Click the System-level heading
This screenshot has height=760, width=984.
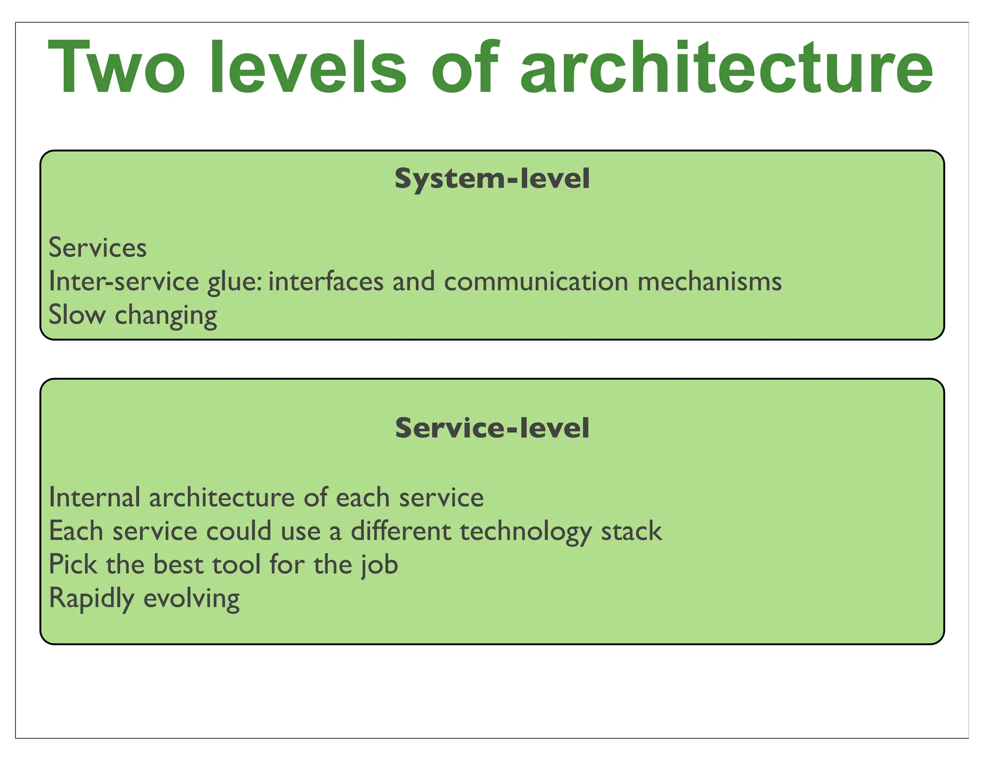(492, 179)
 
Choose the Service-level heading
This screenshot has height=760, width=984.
(492, 428)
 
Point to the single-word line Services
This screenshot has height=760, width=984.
(98, 248)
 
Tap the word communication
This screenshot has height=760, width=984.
(536, 282)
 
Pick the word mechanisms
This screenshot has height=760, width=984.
(710, 282)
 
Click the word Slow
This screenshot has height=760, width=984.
(77, 315)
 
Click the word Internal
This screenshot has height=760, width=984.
(95, 497)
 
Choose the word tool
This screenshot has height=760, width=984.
(236, 564)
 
